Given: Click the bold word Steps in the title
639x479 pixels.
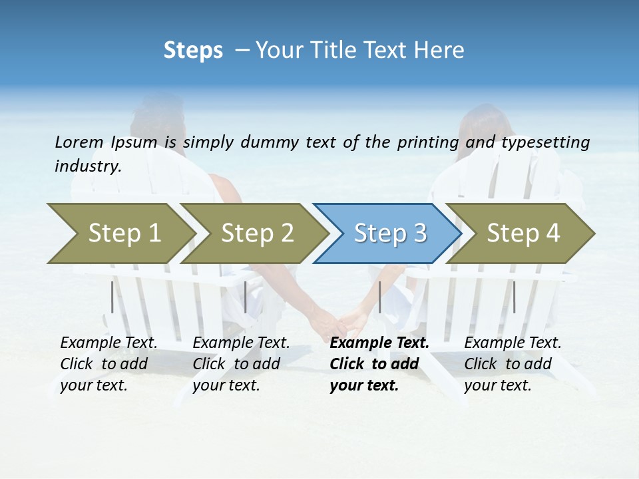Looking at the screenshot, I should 193,51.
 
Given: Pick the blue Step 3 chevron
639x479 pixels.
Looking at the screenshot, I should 387,234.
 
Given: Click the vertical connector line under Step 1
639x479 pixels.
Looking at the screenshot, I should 112,297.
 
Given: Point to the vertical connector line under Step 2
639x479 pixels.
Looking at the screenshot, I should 246,297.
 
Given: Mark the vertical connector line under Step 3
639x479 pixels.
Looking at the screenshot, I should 379,297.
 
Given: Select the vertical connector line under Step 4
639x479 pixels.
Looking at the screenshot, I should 513,297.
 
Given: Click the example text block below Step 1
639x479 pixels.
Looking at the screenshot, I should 108,364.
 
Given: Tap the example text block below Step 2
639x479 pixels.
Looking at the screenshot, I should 241,364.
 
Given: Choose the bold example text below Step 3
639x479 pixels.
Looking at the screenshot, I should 379,364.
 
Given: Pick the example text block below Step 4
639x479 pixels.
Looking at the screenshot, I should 513,364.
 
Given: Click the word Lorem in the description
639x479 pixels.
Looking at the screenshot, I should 79,142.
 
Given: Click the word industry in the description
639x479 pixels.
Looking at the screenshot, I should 87,166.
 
